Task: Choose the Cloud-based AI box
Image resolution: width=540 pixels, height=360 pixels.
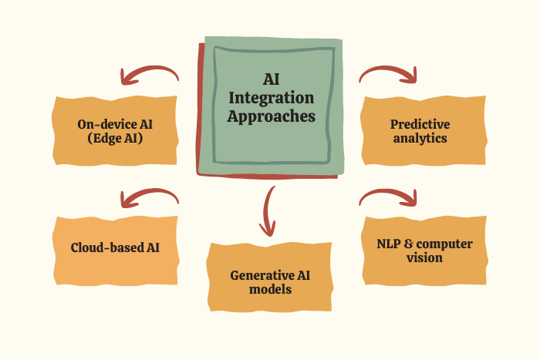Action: [x=116, y=247]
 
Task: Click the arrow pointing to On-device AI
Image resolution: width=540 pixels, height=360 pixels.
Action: [x=149, y=75]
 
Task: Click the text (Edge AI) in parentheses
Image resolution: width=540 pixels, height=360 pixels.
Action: [x=115, y=139]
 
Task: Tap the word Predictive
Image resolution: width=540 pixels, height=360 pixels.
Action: [x=420, y=123]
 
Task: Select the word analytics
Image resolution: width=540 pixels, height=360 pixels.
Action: [x=420, y=139]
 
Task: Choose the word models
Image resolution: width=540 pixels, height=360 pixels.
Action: [x=270, y=290]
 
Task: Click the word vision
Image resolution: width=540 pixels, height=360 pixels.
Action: [x=424, y=258]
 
